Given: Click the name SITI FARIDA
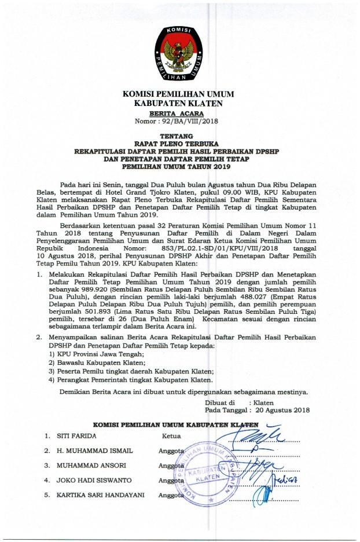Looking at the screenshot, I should [76, 435].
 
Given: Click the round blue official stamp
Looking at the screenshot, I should [205, 470].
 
